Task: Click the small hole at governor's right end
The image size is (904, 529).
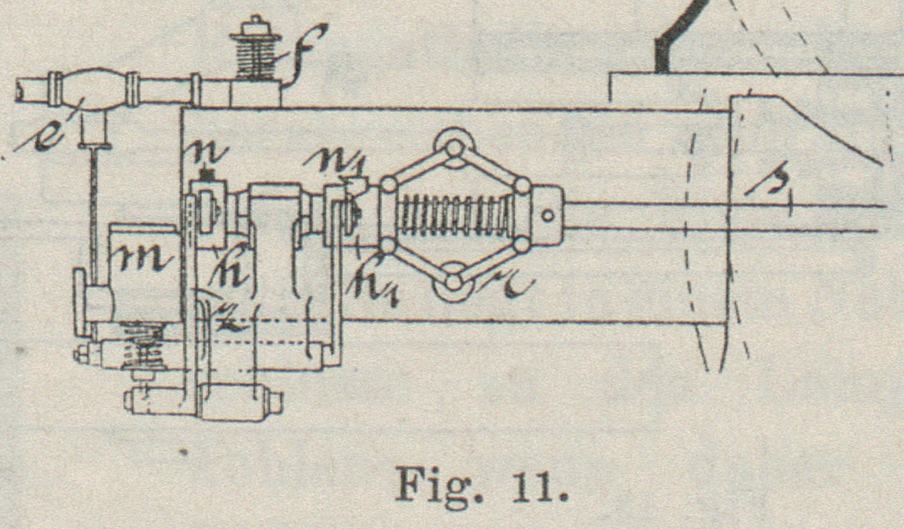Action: (x=548, y=215)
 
